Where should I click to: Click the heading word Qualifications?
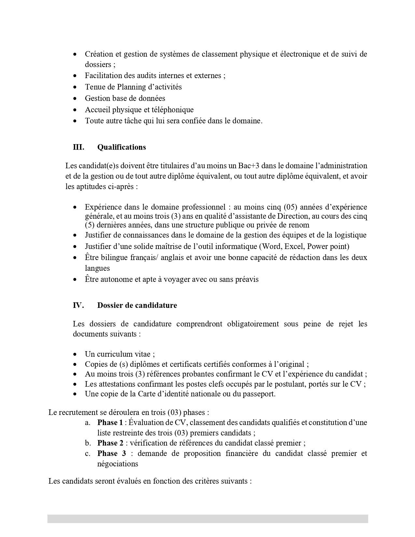pos(121,147)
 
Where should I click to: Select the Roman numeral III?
pos(78,147)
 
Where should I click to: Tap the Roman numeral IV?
pos(78,305)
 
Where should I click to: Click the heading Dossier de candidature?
pos(137,305)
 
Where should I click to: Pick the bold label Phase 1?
pos(110,422)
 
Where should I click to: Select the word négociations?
pos(118,464)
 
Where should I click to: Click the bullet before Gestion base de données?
pos(75,98)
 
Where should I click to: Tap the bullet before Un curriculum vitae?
pos(75,354)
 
